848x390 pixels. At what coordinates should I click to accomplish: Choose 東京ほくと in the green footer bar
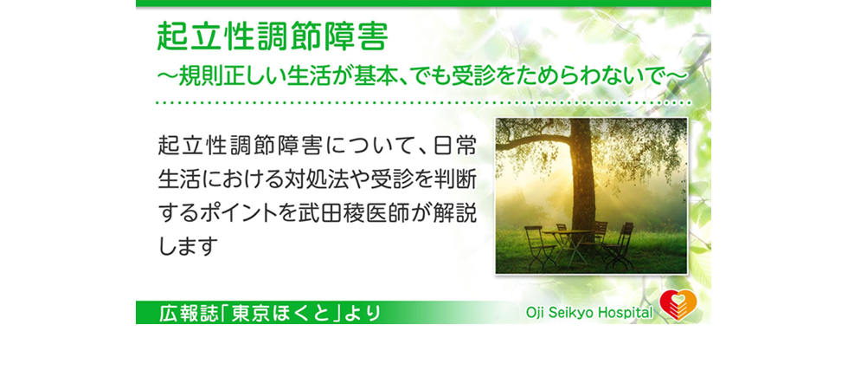click(x=280, y=313)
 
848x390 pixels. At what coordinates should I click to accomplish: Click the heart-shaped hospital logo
click(x=678, y=305)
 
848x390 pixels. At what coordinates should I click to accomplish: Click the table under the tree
click(x=567, y=243)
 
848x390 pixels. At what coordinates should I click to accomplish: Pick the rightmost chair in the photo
click(x=620, y=245)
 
